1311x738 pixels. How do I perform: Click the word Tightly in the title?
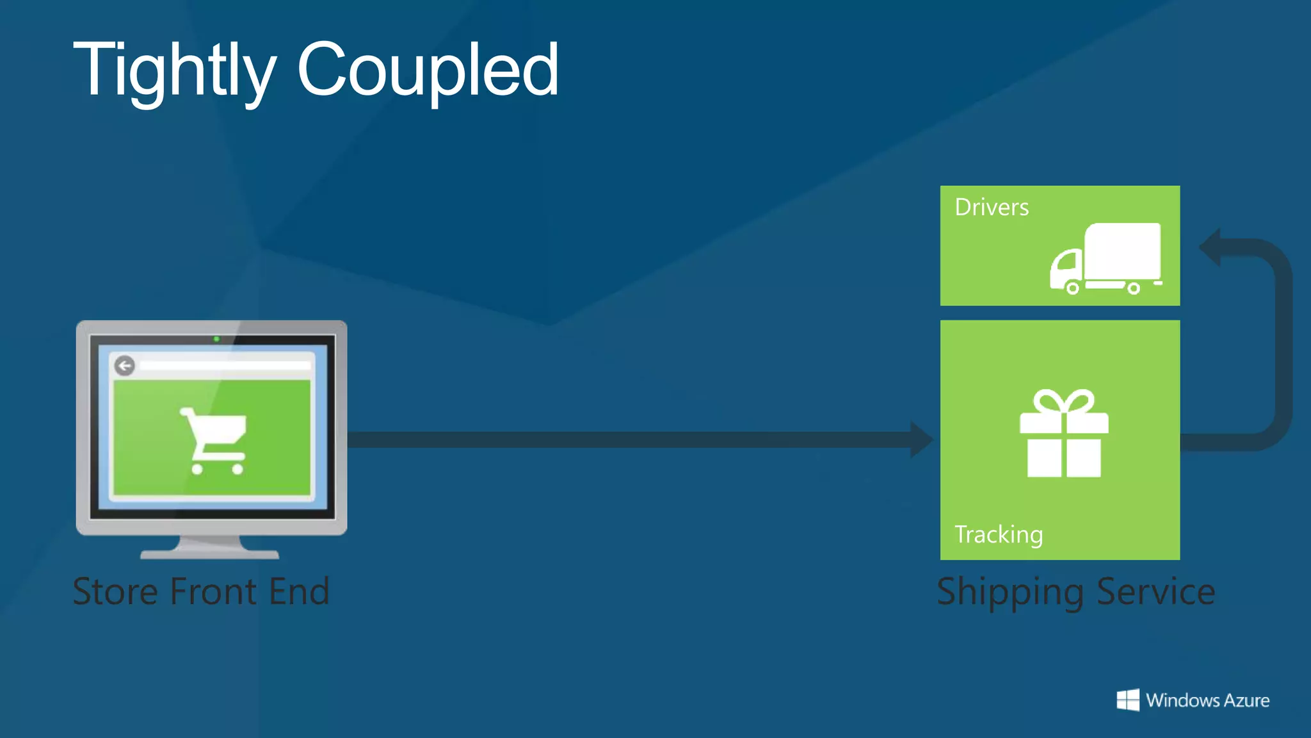pyautogui.click(x=174, y=70)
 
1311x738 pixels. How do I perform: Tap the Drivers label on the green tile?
pyautogui.click(x=992, y=208)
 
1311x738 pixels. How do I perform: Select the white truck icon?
pyautogui.click(x=1106, y=259)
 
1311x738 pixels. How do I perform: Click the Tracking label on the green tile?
pyautogui.click(x=999, y=534)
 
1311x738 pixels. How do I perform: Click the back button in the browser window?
pyautogui.click(x=125, y=366)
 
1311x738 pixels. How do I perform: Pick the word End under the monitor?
pyautogui.click(x=299, y=591)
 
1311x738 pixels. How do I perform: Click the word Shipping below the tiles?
pyautogui.click(x=1009, y=593)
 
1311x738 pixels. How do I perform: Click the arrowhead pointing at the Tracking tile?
pyautogui.click(x=922, y=439)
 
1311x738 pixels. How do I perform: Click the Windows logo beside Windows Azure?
pyautogui.click(x=1128, y=700)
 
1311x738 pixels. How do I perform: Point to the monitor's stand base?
pyautogui.click(x=210, y=553)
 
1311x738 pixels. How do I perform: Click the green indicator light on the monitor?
pyautogui.click(x=216, y=339)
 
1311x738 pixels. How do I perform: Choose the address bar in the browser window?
pyautogui.click(x=224, y=366)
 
